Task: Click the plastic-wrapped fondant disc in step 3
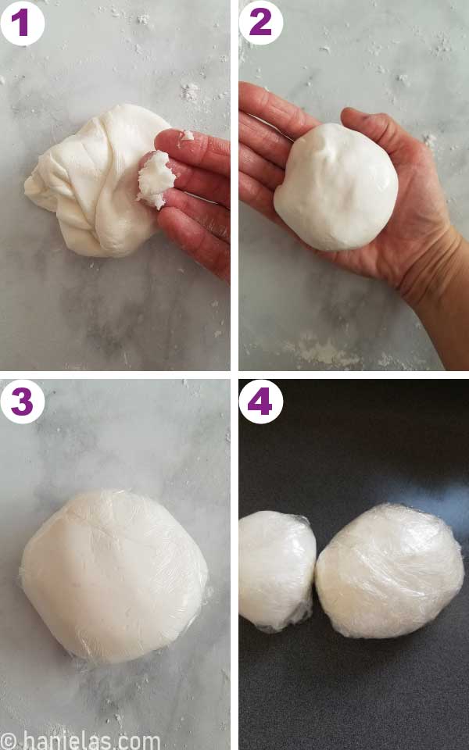[113, 574]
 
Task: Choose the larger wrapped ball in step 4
[388, 570]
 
